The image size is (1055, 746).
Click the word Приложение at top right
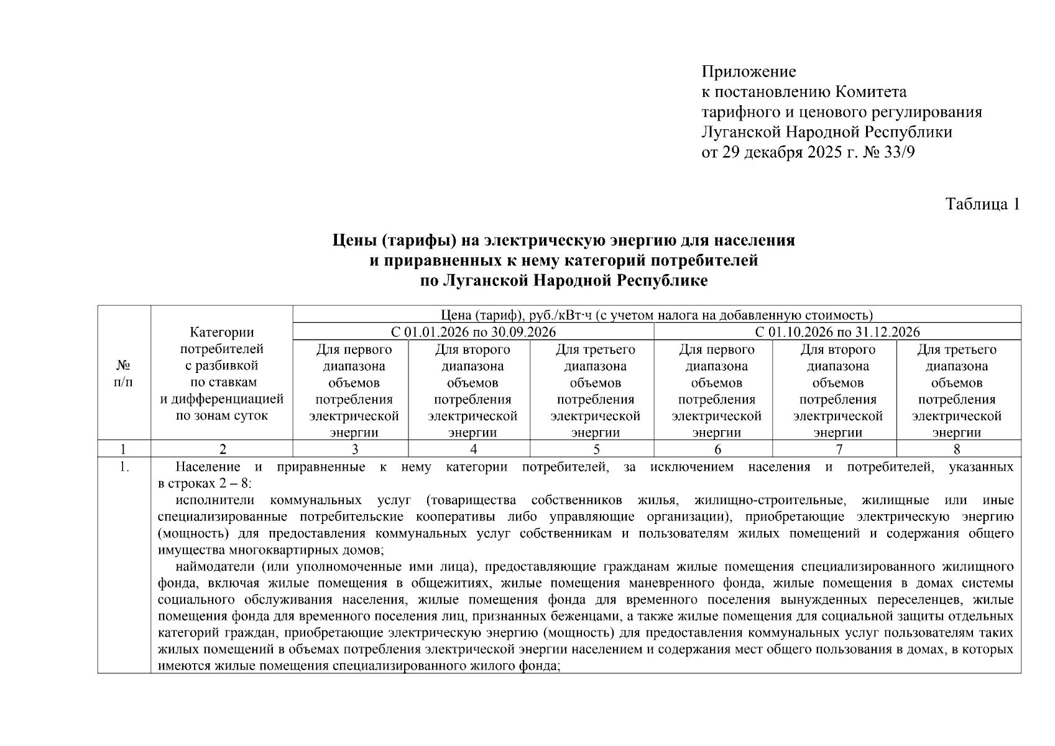pos(749,72)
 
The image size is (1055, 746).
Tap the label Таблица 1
pos(982,204)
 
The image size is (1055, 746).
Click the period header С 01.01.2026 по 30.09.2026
pos(472,332)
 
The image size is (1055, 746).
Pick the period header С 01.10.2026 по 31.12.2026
pos(837,332)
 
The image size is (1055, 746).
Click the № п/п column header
pos(124,374)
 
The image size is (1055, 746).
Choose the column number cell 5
pos(596,449)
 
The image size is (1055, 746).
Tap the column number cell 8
pos(956,449)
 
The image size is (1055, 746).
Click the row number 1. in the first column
pos(124,467)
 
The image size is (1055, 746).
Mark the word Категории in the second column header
pos(222,333)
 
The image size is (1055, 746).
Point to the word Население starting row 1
pos(208,467)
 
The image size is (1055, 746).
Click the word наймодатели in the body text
pos(215,566)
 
